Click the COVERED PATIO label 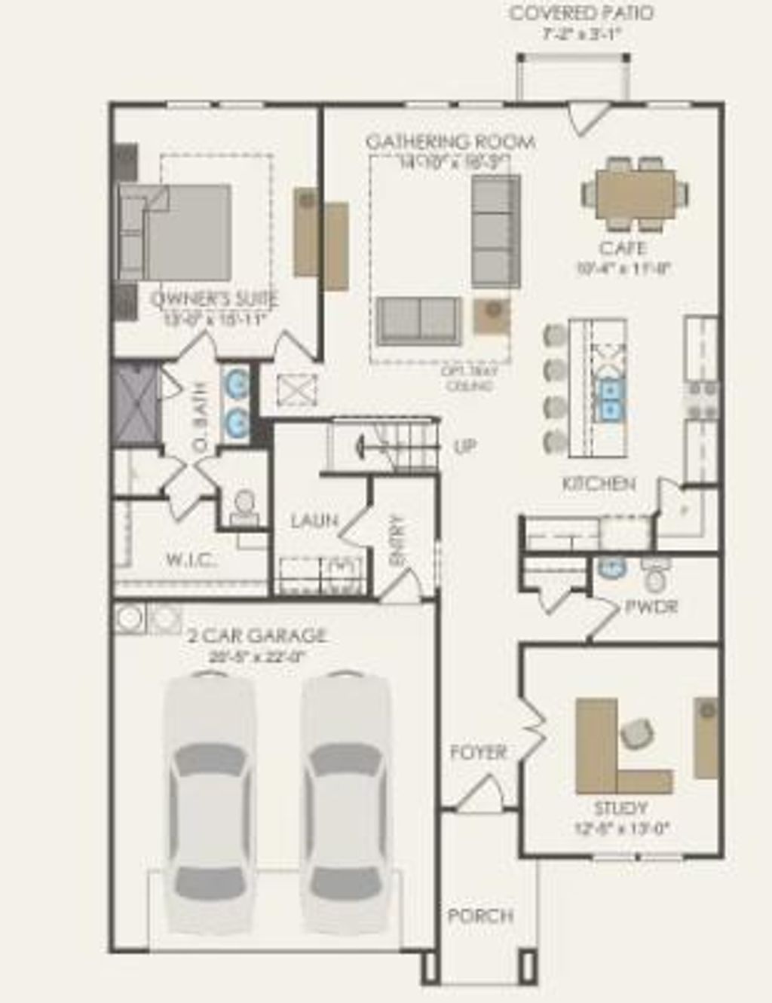coord(581,14)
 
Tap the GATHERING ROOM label coord(450,142)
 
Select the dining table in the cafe coord(635,194)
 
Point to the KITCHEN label coord(599,484)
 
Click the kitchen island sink coord(609,399)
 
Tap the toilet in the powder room coord(655,579)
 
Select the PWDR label coord(651,607)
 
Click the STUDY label coord(620,808)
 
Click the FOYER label coord(478,752)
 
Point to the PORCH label coord(480,916)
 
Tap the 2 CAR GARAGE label coord(256,635)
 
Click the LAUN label coord(314,521)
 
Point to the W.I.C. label coord(191,560)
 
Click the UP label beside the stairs coord(465,447)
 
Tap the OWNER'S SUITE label coord(215,298)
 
